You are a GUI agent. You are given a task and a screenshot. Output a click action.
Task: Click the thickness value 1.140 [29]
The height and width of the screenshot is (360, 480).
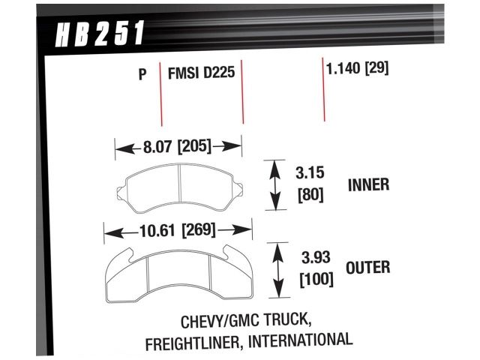[x=356, y=68]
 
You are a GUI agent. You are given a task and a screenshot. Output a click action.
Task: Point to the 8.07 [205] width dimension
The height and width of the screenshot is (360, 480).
[x=178, y=146]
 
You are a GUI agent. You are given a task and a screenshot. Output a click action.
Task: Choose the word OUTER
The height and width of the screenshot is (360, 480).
[x=368, y=266]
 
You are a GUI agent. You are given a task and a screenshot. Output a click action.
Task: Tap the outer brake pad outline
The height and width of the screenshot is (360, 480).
[x=176, y=270]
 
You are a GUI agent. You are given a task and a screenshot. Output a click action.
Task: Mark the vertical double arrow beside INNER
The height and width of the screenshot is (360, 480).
[x=274, y=184]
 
